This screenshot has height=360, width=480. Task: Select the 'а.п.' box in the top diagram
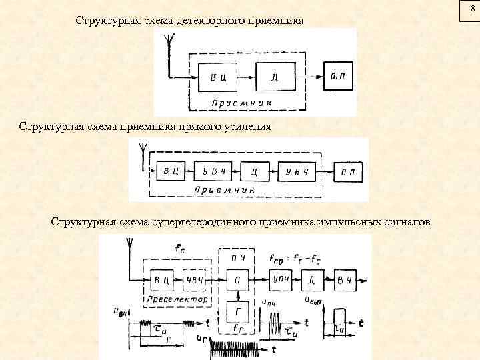(339, 76)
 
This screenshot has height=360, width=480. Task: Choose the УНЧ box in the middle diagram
(297, 171)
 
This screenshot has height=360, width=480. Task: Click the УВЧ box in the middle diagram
(213, 171)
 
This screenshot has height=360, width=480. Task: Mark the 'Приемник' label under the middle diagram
(225, 190)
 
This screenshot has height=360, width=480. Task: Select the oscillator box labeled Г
(237, 312)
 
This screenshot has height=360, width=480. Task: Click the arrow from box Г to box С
(237, 295)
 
